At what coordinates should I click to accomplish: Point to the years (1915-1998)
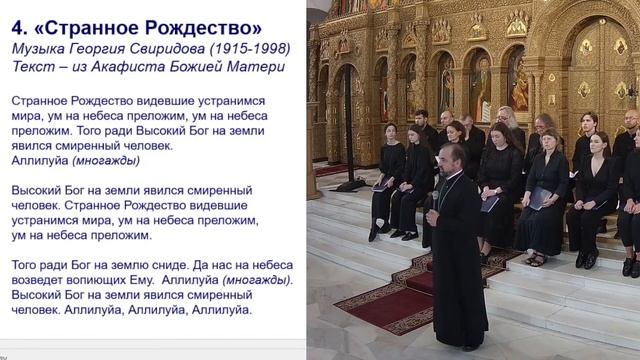coord(249,48)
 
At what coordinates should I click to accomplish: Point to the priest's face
coord(448,157)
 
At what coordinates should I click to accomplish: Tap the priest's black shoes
coord(465,347)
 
